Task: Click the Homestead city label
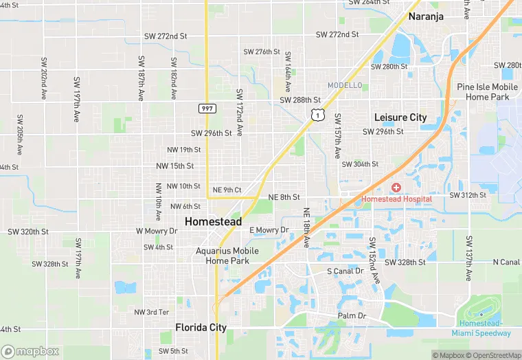click(213, 222)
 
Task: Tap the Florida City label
click(201, 328)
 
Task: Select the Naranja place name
click(426, 16)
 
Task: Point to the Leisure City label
click(400, 117)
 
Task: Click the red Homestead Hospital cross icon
click(396, 188)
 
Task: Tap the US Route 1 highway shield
click(317, 116)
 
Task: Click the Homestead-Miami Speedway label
click(481, 328)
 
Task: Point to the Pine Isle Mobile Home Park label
click(488, 92)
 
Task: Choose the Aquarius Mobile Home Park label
click(227, 256)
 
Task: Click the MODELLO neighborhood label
click(345, 85)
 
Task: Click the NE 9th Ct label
click(227, 190)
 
